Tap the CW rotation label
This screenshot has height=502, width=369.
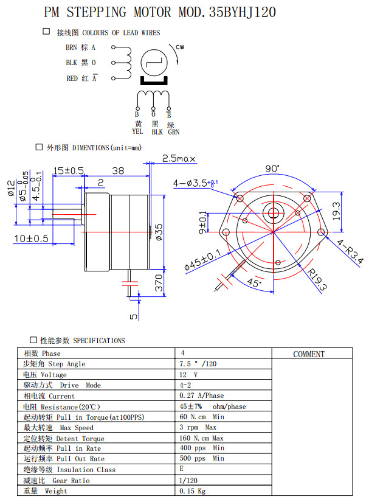(180, 47)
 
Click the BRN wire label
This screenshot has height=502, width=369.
(72, 47)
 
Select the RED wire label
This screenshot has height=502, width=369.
(72, 78)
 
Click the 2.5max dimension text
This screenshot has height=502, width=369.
(179, 159)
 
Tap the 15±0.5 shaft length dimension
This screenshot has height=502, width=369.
(68, 171)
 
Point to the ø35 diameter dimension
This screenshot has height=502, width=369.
(159, 232)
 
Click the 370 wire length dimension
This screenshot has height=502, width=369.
(159, 284)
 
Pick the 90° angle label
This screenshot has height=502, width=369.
(272, 169)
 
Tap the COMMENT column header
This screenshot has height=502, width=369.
(309, 354)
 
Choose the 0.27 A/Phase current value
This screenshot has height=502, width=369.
(201, 396)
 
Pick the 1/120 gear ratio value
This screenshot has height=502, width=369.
(189, 481)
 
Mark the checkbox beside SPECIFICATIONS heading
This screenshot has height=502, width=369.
(33, 340)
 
